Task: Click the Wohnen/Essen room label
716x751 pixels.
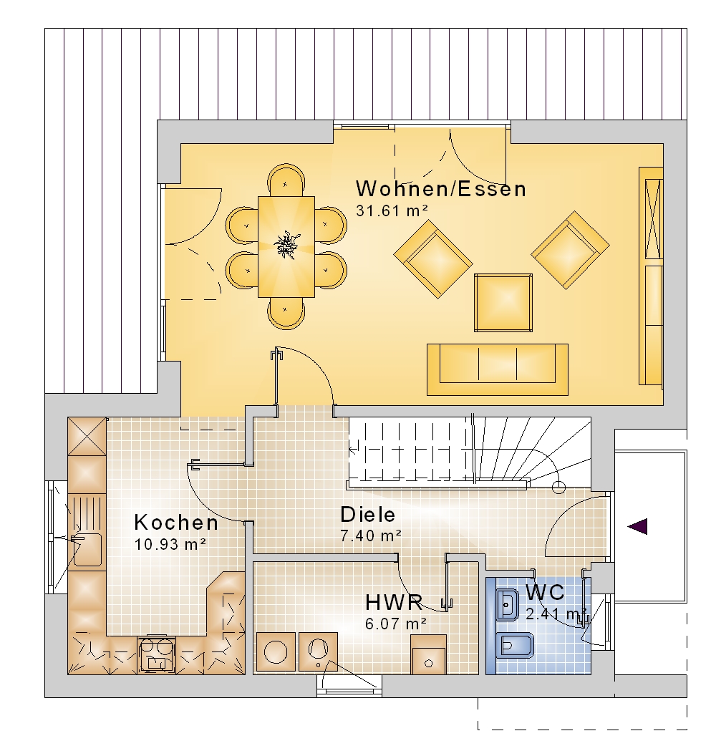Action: (440, 189)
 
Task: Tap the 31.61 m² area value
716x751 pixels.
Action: (392, 210)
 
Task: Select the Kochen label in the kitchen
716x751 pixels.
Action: (176, 522)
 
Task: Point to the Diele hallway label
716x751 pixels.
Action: (368, 515)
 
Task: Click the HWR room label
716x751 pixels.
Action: (395, 603)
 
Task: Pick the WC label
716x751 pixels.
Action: (545, 593)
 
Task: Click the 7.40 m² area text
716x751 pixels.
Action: (371, 536)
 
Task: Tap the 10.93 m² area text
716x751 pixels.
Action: (170, 544)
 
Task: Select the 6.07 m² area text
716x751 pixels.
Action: (396, 624)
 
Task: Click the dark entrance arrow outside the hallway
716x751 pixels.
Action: (638, 526)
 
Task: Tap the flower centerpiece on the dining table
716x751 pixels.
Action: (286, 244)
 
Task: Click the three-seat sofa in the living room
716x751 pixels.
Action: (498, 369)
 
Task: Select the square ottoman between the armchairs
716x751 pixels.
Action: (503, 303)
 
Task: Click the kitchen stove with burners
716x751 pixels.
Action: (157, 654)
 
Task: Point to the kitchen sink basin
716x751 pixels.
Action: (87, 550)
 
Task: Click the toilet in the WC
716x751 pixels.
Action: (516, 646)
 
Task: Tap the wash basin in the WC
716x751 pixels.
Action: (508, 604)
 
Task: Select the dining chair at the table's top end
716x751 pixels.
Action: (286, 180)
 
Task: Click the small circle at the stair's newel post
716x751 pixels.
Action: (558, 488)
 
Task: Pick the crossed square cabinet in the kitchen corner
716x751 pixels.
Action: (87, 436)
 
